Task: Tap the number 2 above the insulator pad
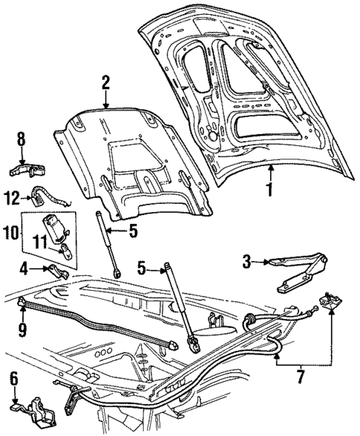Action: [x=106, y=82]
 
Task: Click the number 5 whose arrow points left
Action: [x=133, y=231]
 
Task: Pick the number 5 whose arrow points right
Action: [x=141, y=268]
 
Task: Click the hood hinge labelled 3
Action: [x=297, y=271]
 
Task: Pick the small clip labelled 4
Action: [x=56, y=271]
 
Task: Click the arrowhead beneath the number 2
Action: [x=106, y=107]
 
